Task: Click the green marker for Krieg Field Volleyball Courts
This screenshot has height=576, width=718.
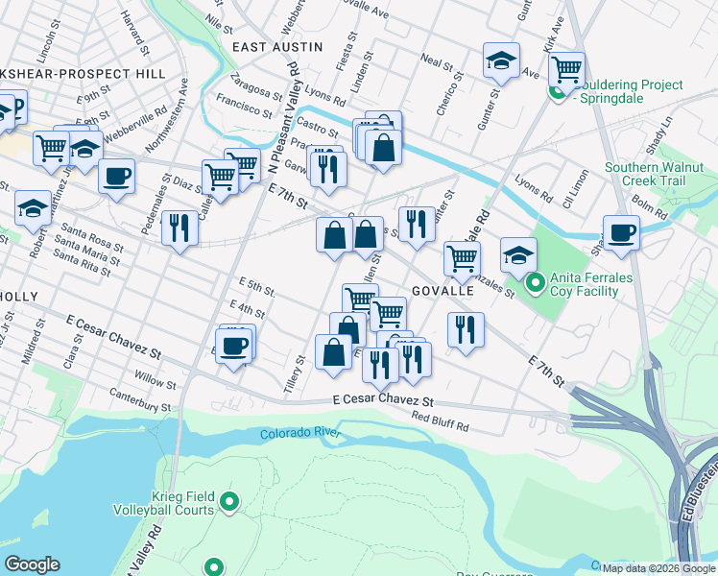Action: [228, 500]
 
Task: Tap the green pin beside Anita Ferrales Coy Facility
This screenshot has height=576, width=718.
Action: [536, 282]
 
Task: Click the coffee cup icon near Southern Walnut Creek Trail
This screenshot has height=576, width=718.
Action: [621, 232]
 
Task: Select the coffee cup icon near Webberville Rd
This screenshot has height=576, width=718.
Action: [117, 177]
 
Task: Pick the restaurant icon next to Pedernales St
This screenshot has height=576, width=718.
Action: [179, 228]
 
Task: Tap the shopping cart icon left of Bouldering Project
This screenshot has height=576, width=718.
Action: [567, 69]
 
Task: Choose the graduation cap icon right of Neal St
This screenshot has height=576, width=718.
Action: [501, 60]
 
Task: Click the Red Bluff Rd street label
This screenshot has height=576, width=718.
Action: [440, 420]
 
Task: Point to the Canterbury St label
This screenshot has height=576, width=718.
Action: [139, 400]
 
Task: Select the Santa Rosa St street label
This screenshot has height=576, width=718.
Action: [87, 239]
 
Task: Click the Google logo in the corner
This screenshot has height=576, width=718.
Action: [32, 564]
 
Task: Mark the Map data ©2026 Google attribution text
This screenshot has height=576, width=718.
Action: [658, 568]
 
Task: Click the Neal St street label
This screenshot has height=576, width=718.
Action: [436, 62]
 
